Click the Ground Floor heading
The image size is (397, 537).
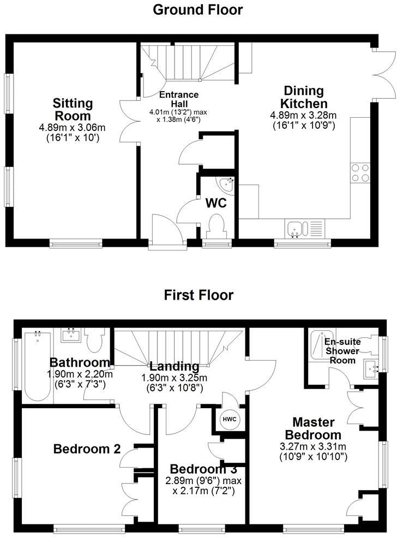tap(198, 9)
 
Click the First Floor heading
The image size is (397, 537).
tap(198, 295)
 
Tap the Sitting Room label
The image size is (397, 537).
tap(72, 110)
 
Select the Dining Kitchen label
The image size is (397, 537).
tap(303, 97)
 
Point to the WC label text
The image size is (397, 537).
tap(216, 202)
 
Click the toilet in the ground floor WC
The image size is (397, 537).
tap(216, 226)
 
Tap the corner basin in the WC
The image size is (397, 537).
tap(228, 184)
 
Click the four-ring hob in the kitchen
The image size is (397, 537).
tap(360, 172)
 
